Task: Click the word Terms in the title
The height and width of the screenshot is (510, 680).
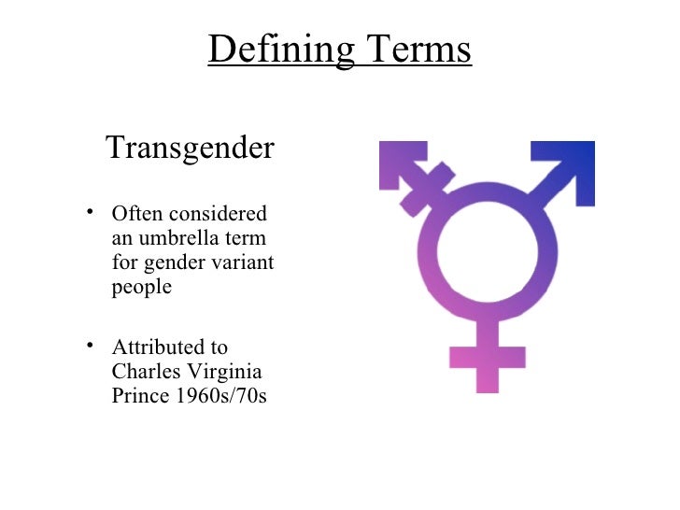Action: (416, 50)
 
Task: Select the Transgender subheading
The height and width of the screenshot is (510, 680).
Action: (190, 148)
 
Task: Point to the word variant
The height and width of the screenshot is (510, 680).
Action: (245, 262)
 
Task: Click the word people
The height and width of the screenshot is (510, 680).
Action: (142, 287)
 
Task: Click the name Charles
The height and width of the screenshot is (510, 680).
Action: (146, 371)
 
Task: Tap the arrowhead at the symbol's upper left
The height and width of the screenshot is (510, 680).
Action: (400, 164)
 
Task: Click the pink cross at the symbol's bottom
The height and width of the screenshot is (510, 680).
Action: (487, 355)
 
